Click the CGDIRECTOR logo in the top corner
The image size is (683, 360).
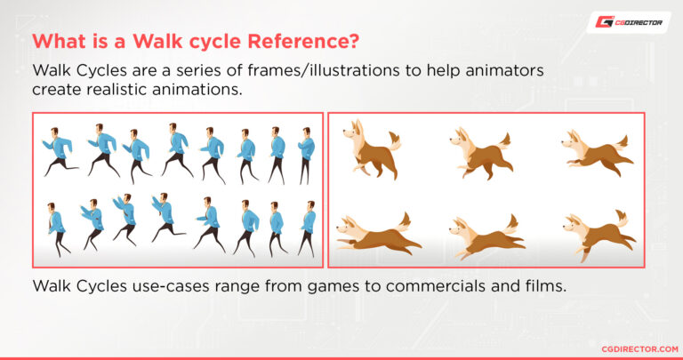pyautogui.click(x=628, y=21)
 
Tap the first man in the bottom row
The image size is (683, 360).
pyautogui.click(x=56, y=228)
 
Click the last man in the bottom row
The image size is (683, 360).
pyautogui.click(x=308, y=228)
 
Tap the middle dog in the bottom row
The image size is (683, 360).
pyautogui.click(x=481, y=235)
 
